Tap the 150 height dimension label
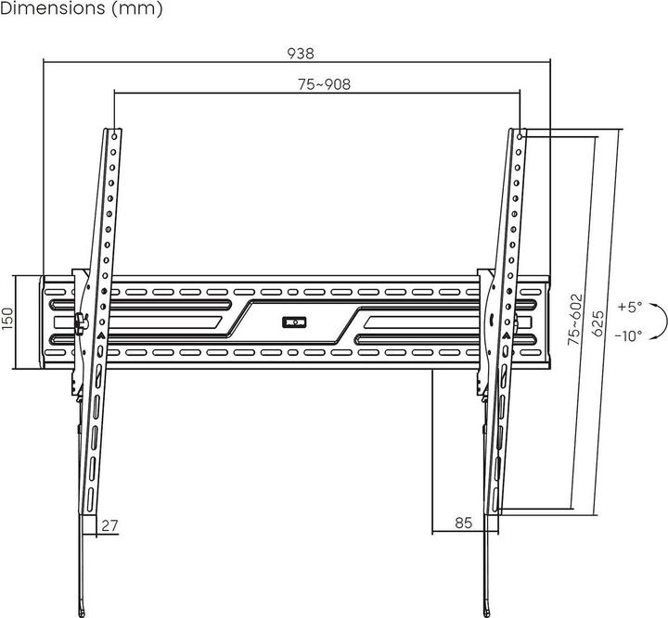tap(7, 320)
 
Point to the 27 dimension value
tap(110, 525)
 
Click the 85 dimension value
tap(464, 523)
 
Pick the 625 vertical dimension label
tap(599, 321)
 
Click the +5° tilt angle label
tap(627, 307)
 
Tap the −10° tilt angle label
tap(627, 335)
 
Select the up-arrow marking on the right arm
tap(506, 336)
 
